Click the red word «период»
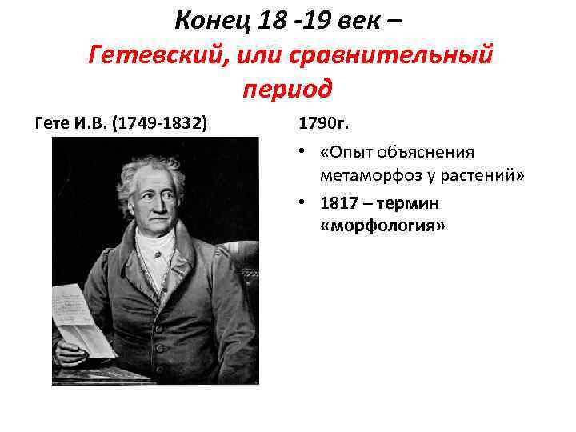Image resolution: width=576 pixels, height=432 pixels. coord(286,87)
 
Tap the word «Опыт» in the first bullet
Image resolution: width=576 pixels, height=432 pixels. coord(352,153)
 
